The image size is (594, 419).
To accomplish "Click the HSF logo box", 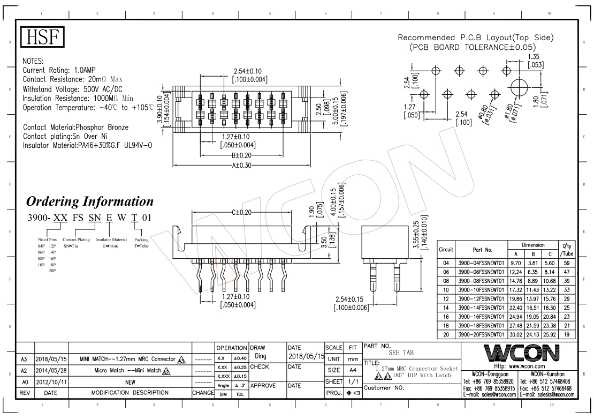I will (42, 37).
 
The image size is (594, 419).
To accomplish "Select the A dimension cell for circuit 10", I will (515, 289).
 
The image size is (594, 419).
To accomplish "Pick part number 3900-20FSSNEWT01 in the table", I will (481, 334).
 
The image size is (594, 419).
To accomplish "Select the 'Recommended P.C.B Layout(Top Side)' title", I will (476, 38).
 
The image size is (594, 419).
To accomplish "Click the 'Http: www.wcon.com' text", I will (518, 366).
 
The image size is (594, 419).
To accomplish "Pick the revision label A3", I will (24, 359).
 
